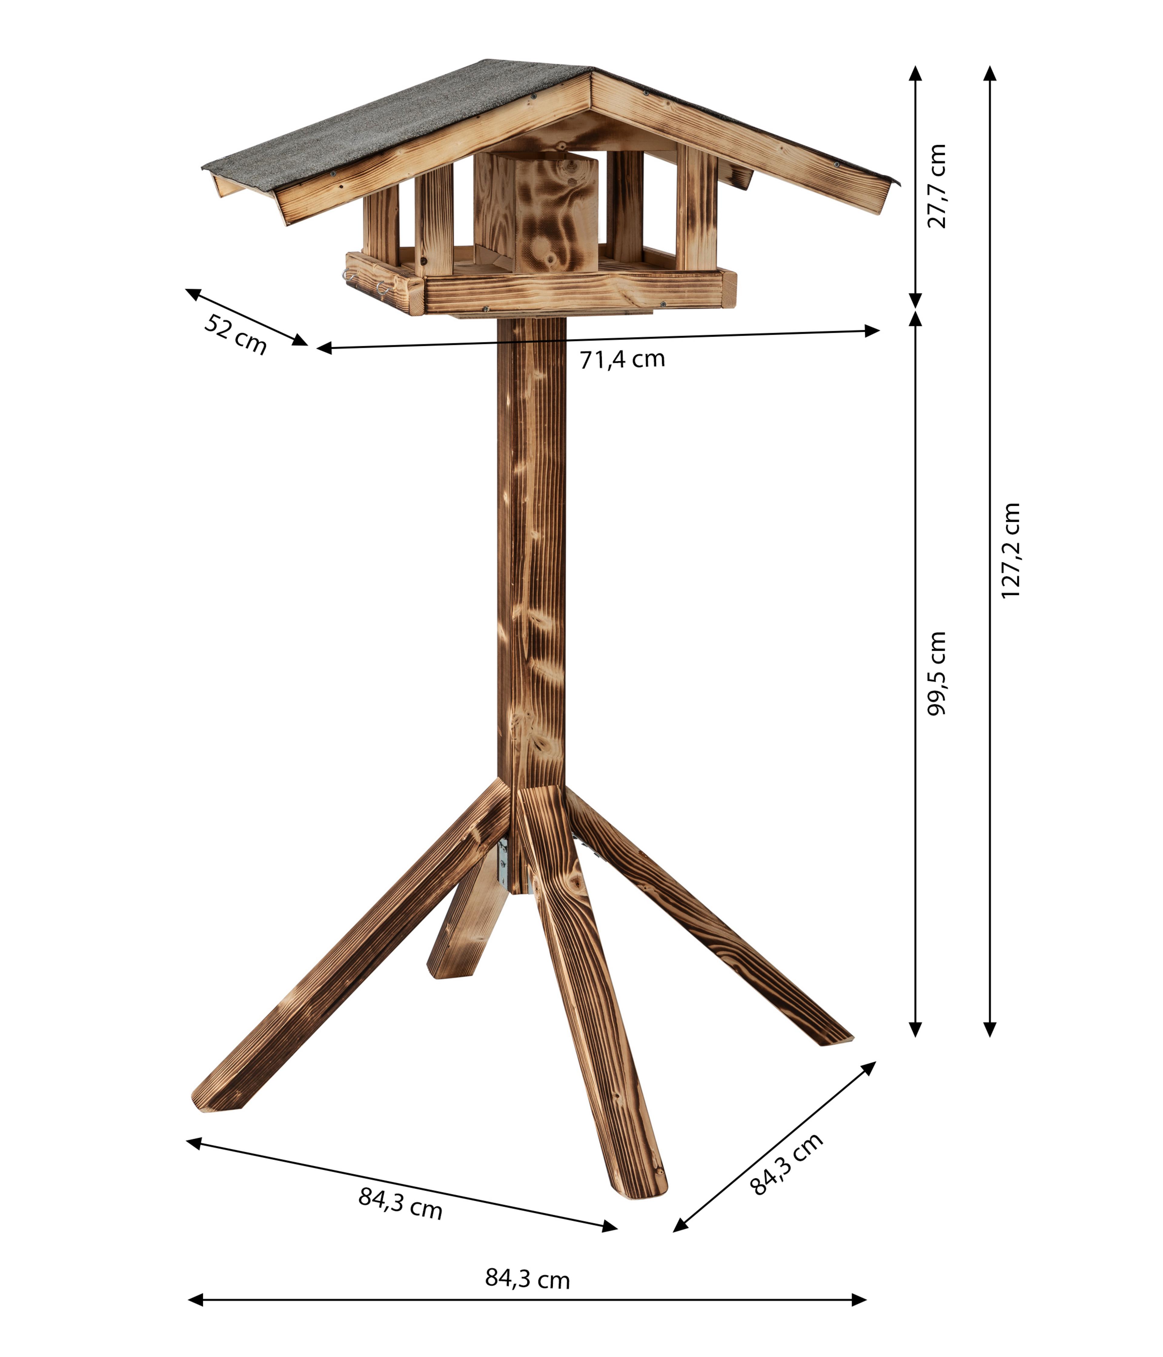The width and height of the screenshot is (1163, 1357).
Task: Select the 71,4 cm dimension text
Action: pos(622,359)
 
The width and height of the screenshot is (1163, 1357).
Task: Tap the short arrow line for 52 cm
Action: pos(246,317)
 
